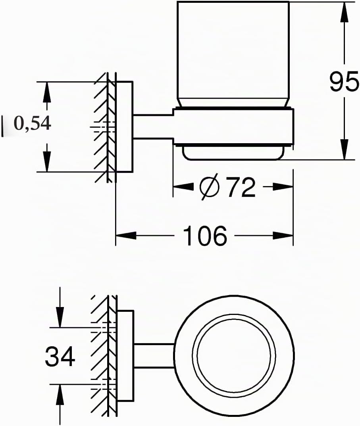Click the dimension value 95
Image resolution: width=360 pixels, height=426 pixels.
(344, 82)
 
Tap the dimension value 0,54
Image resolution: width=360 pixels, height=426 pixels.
(33, 124)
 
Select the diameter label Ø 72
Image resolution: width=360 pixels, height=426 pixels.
(227, 188)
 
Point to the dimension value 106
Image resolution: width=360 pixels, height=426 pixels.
(205, 236)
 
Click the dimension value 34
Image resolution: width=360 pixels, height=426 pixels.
(60, 356)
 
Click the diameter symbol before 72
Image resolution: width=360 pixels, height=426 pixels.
(209, 188)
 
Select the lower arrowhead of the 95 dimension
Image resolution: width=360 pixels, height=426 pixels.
(345, 149)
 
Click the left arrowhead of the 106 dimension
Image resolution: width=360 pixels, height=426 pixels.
(126, 236)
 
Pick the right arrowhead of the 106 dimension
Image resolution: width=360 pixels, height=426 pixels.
(283, 236)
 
